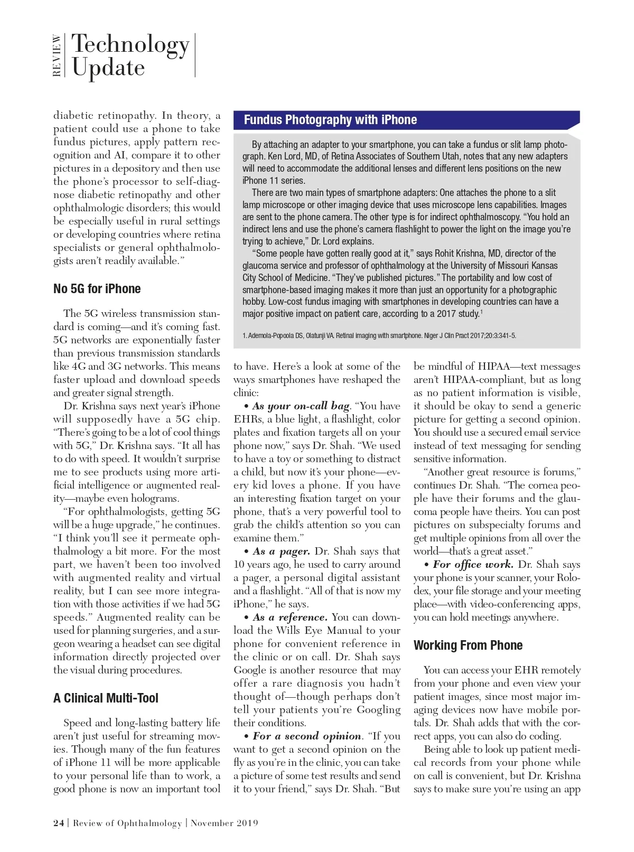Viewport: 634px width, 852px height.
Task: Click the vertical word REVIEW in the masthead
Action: coord(57,56)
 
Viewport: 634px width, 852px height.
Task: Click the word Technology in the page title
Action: coord(130,44)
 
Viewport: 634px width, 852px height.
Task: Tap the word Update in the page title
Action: coord(108,68)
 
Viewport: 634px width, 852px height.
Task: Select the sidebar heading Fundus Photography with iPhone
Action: coord(330,120)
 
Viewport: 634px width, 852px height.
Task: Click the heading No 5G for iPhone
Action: coord(97,289)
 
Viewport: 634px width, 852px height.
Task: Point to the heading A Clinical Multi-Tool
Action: coord(106,698)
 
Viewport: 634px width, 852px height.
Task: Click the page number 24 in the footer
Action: coord(59,823)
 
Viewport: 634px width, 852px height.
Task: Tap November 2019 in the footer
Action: coord(225,823)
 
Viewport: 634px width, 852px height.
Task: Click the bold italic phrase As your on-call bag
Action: coord(301,406)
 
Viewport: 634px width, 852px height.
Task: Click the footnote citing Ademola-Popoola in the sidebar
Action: coord(379,335)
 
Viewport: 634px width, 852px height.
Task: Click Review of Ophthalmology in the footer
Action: coord(127,823)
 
